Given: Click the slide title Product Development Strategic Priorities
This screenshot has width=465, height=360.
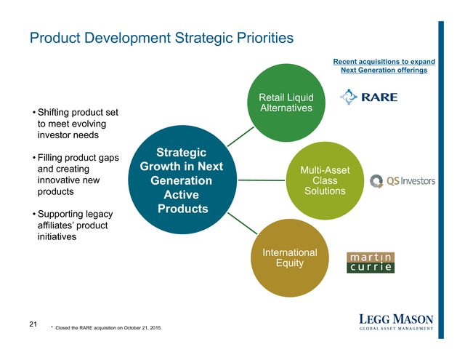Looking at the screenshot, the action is point(161,39).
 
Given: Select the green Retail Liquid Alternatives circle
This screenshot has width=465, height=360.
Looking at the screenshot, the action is point(286,103).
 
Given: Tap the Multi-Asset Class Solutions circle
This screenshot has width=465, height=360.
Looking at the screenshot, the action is point(325,180).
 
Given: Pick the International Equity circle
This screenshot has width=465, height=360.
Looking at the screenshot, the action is point(290,258).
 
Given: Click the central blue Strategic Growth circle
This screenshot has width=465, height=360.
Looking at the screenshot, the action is point(182,180).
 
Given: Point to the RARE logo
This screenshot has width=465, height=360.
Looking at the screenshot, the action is point(368,97).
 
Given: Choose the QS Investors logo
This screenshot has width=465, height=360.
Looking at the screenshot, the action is point(403,181).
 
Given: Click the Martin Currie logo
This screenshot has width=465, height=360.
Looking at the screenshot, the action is point(371,263).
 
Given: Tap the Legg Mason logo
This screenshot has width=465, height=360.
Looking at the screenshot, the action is point(396,321).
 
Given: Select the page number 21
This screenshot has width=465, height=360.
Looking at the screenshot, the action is point(33,324).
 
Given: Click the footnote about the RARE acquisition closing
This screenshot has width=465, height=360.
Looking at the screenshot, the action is point(107,328).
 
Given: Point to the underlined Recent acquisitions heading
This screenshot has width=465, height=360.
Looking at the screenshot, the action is point(384,66).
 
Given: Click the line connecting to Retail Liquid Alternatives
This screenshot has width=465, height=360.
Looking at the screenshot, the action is point(240,137).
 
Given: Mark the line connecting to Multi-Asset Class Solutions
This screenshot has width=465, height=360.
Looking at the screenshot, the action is point(262,180).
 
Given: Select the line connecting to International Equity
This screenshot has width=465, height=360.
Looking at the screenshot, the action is point(242,223).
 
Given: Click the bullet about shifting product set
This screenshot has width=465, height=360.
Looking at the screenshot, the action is point(76,124).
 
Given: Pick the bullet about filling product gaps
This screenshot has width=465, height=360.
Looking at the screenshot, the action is point(76,175).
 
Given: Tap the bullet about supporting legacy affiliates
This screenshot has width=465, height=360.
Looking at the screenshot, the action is point(73,225).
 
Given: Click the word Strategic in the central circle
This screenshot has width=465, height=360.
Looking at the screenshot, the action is point(181,153).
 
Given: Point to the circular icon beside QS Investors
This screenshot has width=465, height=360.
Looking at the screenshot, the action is point(376,181).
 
